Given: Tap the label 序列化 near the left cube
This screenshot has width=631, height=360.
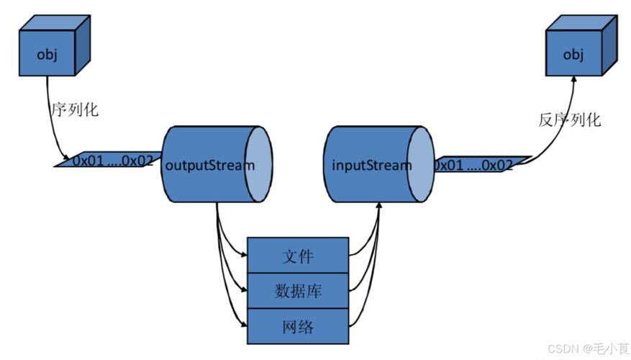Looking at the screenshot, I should [73, 110].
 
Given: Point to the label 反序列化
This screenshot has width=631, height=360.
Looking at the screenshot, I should [569, 120].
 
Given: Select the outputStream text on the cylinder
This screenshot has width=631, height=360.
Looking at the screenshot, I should [209, 165].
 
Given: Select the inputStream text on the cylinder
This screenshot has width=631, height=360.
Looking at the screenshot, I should [372, 165].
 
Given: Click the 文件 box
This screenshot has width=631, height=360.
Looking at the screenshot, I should [298, 256].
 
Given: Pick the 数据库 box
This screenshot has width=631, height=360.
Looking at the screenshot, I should [298, 291].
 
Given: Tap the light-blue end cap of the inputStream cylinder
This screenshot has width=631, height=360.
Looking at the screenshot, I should [420, 165].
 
